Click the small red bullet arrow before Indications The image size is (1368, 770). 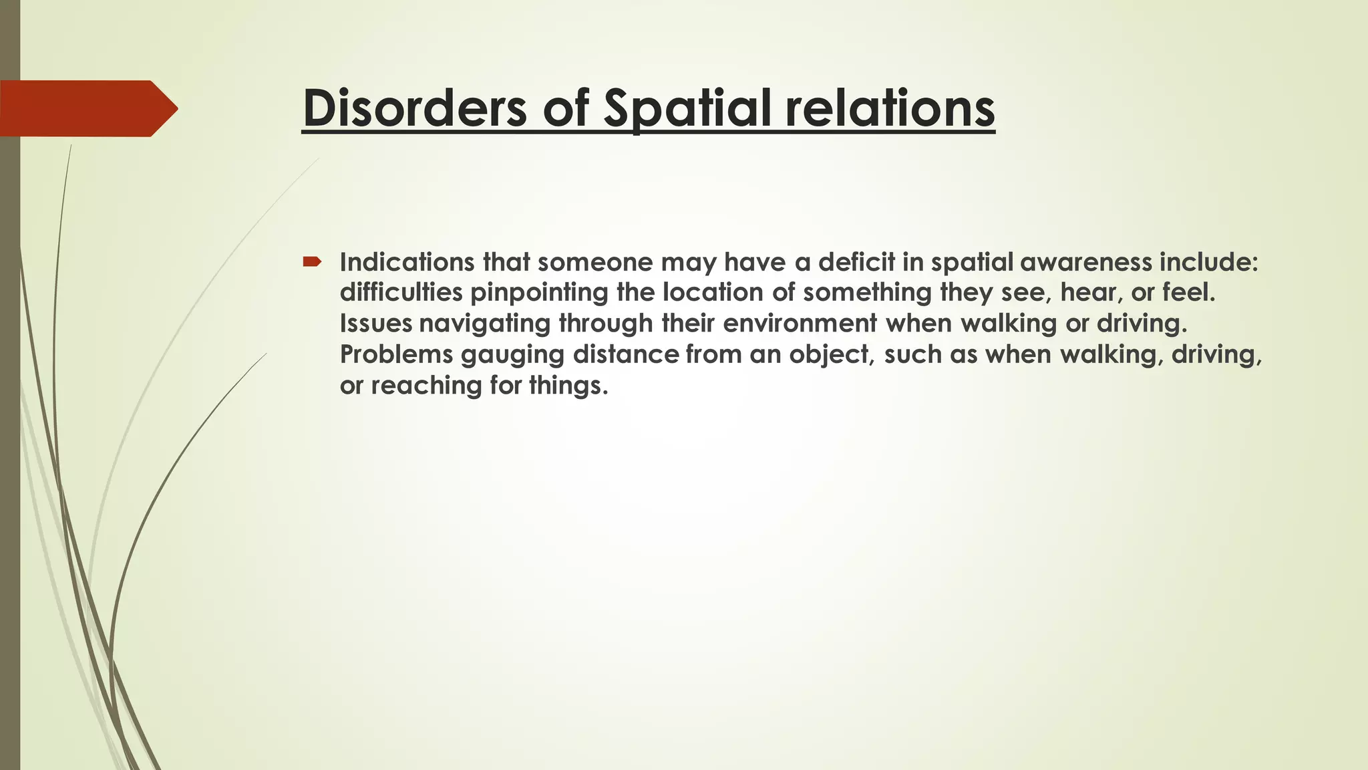[x=312, y=261]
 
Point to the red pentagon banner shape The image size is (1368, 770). [x=87, y=108]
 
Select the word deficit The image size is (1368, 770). [x=856, y=262]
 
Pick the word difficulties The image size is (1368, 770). [x=401, y=293]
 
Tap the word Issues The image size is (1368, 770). [x=375, y=324]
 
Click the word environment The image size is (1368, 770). [x=800, y=324]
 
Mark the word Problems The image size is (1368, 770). [x=396, y=354]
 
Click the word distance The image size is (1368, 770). [x=626, y=354]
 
